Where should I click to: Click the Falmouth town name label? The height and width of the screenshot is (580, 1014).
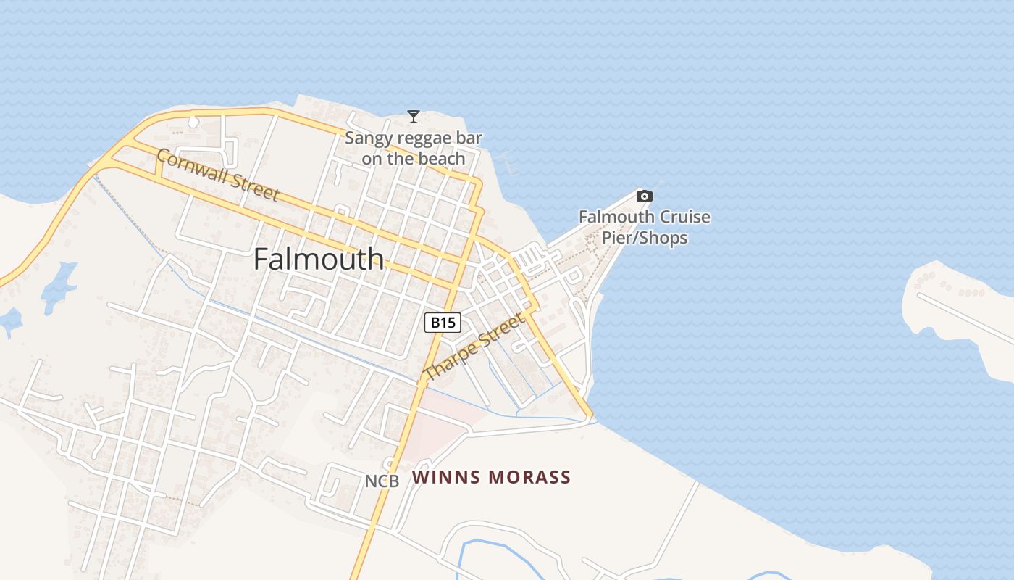[x=319, y=259]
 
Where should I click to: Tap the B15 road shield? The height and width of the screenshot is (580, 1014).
[x=443, y=323]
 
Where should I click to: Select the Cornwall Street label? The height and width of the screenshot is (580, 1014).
[x=217, y=175]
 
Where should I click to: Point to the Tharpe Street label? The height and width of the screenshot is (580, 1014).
[x=474, y=347]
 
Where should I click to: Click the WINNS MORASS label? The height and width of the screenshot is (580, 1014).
[x=492, y=477]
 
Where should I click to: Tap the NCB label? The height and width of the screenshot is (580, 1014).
[x=382, y=481]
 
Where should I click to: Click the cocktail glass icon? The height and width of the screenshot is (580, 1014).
[x=414, y=116]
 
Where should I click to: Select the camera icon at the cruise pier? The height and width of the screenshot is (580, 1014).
[x=644, y=196]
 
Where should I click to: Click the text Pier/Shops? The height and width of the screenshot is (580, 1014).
[x=645, y=238]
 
